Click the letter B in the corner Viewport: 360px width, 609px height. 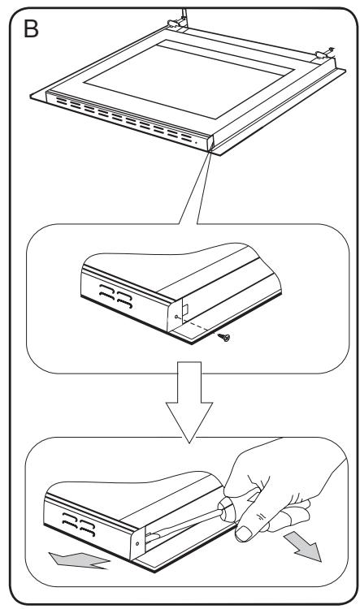pos(31,28)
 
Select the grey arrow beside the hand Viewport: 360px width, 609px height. pos(303,546)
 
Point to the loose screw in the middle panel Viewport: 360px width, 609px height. pos(224,336)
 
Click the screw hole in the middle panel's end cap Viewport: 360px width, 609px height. pos(176,317)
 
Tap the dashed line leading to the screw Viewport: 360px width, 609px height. pos(198,326)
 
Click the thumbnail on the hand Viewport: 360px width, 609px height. pos(243,533)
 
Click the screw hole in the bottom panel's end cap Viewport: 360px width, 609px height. pos(137,543)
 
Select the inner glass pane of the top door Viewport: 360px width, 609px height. pos(189,79)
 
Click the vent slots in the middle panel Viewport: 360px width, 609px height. pos(116,296)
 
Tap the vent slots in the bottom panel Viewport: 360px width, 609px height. pos(80,524)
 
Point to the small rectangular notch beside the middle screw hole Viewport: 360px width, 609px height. pos(186,309)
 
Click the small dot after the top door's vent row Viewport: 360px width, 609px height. pos(196,143)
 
